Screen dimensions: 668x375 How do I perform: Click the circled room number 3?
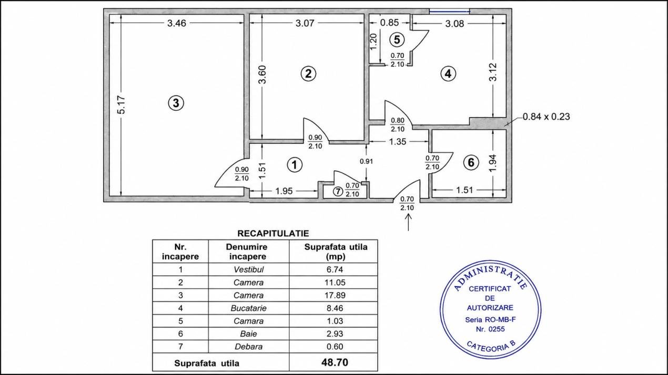(x=176, y=103)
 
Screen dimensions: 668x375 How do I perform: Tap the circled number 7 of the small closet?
(x=338, y=191)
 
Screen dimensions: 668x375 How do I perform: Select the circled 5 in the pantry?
(x=397, y=39)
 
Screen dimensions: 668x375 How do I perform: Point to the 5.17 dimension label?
(x=122, y=105)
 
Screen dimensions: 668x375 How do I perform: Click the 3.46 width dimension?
(x=177, y=23)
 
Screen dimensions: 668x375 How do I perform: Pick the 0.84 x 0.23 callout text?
(x=546, y=117)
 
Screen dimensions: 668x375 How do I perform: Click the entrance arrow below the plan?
(x=408, y=222)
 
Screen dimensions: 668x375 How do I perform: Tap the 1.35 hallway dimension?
(x=398, y=141)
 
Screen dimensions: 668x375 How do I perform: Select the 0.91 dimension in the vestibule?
(x=367, y=161)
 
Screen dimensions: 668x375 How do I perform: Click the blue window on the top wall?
(x=449, y=12)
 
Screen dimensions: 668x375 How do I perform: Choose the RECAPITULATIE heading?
(x=273, y=234)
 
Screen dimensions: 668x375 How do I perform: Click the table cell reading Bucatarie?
(x=248, y=308)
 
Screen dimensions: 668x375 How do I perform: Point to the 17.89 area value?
(x=335, y=296)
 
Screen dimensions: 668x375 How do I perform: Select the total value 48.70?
(x=335, y=362)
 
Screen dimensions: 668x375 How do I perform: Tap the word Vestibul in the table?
(x=248, y=269)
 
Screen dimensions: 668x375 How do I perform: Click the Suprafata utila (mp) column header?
(x=336, y=252)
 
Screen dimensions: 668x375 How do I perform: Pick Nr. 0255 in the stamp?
(x=491, y=329)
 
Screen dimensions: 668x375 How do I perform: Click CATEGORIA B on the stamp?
(x=491, y=347)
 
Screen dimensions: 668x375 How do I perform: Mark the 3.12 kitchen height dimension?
(x=493, y=72)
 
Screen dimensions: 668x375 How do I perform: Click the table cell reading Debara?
(x=248, y=347)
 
